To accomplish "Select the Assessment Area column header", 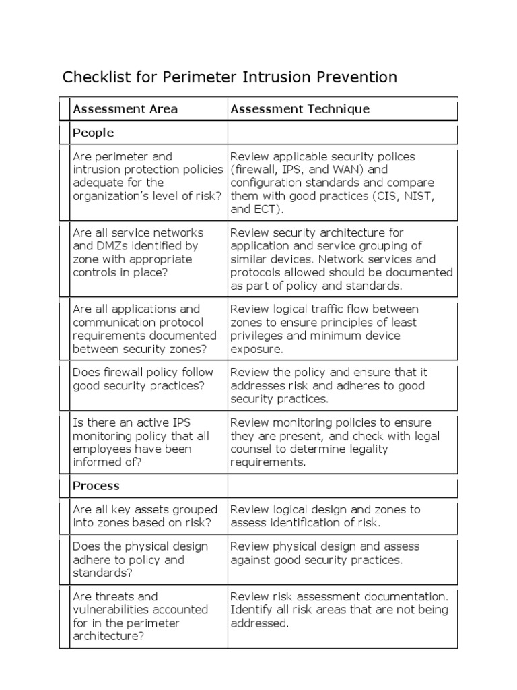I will pyautogui.click(x=125, y=109).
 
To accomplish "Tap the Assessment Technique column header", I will pyautogui.click(x=300, y=109).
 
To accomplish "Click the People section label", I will pyautogui.click(x=93, y=133).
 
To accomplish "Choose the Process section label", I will pyautogui.click(x=96, y=486).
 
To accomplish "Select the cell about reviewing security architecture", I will pyautogui.click(x=341, y=259).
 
